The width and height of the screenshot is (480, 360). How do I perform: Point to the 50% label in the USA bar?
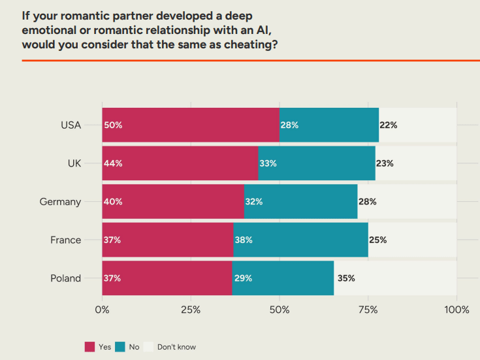(112, 125)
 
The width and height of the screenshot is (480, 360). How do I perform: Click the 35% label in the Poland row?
(346, 278)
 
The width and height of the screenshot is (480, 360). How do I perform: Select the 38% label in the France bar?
(244, 240)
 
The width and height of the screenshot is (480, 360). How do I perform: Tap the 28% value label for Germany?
(367, 202)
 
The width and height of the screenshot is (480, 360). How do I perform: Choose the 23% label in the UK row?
(385, 163)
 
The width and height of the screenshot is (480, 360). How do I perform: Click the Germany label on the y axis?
(60, 202)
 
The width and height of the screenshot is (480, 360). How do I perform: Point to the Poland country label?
(66, 278)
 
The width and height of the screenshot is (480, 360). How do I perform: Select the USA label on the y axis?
(71, 125)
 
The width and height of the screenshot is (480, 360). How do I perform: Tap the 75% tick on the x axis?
(368, 310)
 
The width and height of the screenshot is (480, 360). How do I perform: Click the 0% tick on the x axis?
(103, 310)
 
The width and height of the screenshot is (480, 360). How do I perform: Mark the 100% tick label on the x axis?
(456, 310)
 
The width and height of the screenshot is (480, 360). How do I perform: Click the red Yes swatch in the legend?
(89, 347)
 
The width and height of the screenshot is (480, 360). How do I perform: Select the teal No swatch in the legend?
(121, 347)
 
